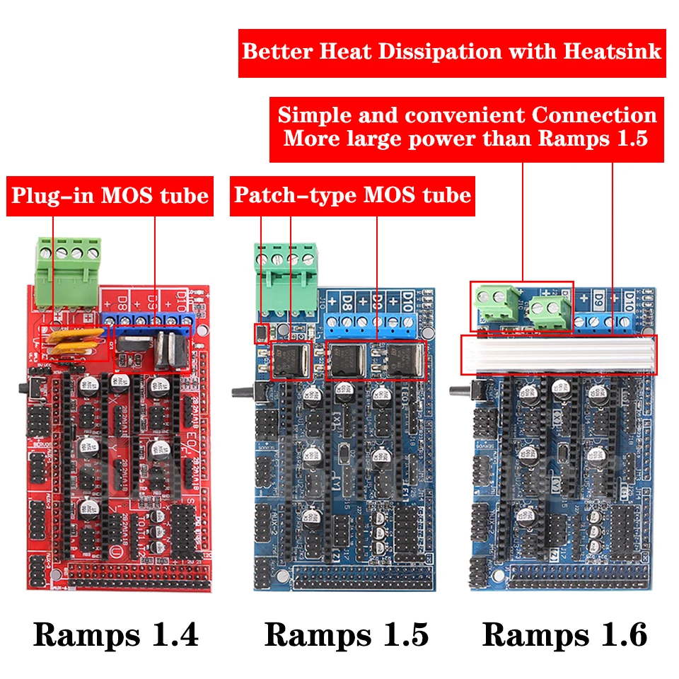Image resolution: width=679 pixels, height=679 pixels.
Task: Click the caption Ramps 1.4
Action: (x=116, y=634)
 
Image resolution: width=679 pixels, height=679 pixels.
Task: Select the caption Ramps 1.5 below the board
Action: (x=347, y=634)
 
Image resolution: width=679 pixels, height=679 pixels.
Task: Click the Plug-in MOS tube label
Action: (x=110, y=195)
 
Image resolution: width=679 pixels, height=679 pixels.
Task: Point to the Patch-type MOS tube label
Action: (x=352, y=195)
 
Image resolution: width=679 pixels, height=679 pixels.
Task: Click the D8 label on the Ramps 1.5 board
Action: (x=347, y=301)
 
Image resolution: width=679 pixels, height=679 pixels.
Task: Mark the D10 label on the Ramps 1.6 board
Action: (x=627, y=301)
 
